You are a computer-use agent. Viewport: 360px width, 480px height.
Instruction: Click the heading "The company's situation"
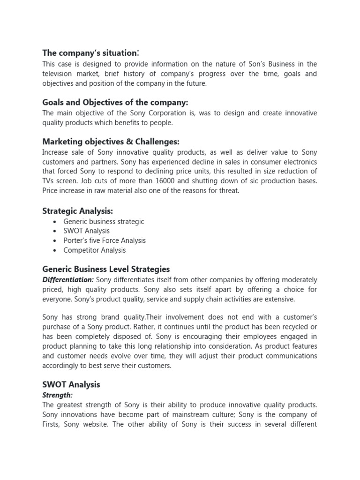point(90,52)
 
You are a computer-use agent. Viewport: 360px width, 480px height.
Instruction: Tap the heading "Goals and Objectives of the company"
point(115,102)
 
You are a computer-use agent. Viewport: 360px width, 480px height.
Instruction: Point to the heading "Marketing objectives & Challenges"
point(111,142)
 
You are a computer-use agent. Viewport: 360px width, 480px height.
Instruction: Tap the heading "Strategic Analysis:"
point(77,211)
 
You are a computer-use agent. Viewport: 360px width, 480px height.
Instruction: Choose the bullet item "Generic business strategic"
point(104,221)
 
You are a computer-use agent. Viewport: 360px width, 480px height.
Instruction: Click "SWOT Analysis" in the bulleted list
point(86,231)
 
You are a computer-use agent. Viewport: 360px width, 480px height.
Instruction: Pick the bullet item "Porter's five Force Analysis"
point(105,240)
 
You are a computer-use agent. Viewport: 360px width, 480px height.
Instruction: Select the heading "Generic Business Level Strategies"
point(106,269)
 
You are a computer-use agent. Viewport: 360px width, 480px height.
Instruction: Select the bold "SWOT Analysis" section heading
point(71,384)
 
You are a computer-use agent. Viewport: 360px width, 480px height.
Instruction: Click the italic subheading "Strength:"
point(58,395)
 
